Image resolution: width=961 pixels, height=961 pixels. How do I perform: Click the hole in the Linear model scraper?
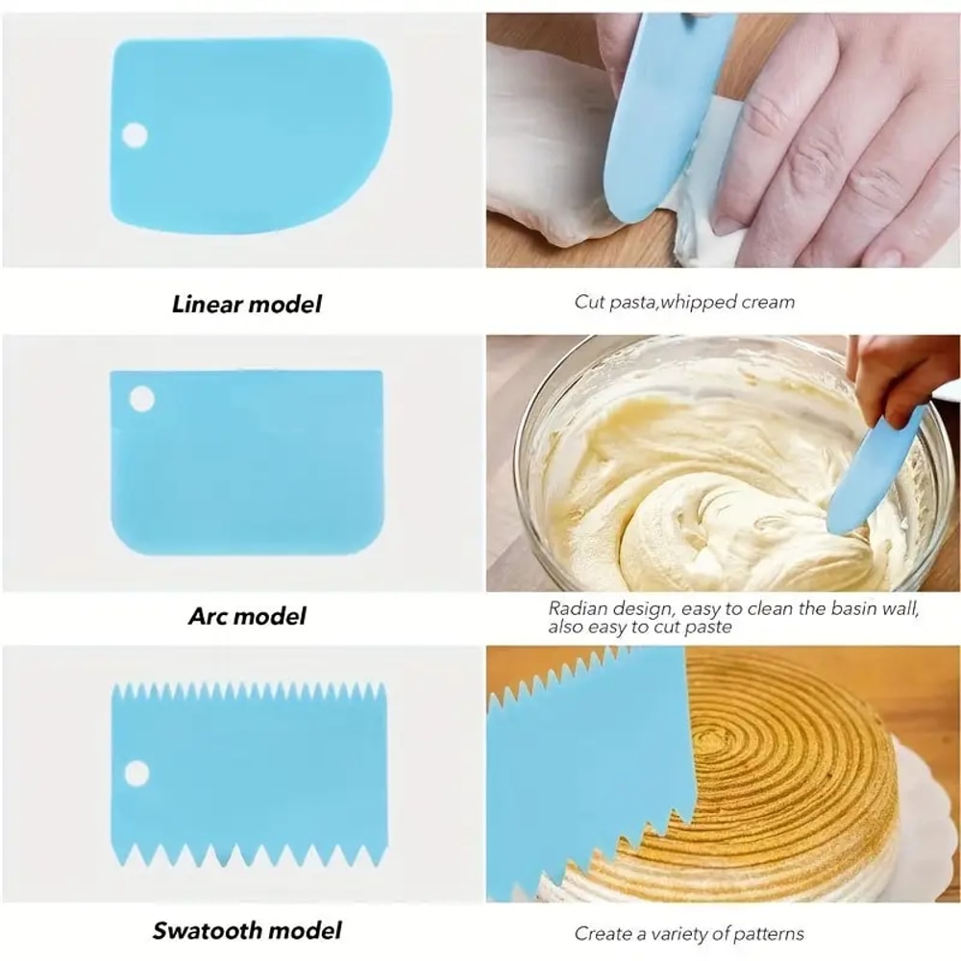click(x=136, y=135)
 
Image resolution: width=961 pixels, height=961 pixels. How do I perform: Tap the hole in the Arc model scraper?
click(x=142, y=398)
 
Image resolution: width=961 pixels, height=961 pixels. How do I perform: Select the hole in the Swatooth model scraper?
click(x=136, y=773)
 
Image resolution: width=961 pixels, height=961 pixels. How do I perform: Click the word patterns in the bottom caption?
click(x=767, y=933)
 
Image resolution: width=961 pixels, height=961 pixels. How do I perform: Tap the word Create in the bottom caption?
click(x=602, y=933)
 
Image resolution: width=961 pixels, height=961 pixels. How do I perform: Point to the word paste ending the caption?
click(x=709, y=627)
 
